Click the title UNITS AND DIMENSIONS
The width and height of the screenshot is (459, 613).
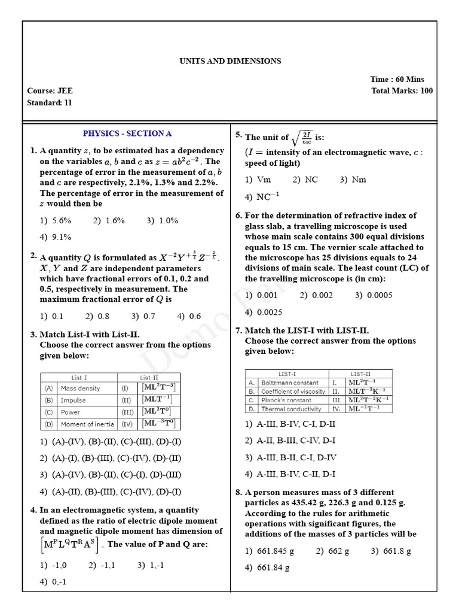(x=230, y=61)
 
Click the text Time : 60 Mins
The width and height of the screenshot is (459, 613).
(x=397, y=79)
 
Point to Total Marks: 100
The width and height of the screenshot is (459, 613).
(x=402, y=91)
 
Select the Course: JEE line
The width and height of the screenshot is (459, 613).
(x=50, y=91)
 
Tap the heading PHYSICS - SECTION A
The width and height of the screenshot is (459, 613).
(x=127, y=133)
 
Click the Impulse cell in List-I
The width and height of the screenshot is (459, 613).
(x=74, y=400)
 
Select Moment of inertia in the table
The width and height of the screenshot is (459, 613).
(x=84, y=424)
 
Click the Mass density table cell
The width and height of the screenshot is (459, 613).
(x=81, y=389)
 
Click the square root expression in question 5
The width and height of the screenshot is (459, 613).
(x=302, y=138)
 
